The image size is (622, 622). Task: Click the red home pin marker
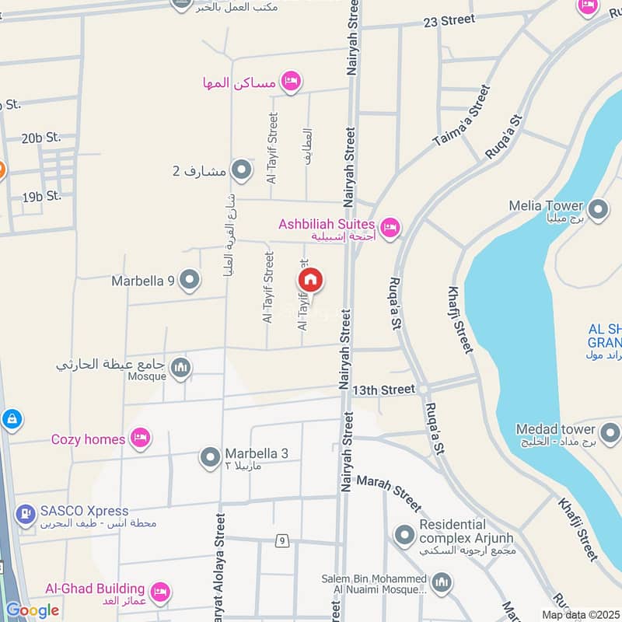click(x=310, y=280)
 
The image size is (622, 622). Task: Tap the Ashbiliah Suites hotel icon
click(x=390, y=227)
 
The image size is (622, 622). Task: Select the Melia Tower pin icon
click(x=598, y=208)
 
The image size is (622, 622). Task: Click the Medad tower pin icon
click(x=610, y=432)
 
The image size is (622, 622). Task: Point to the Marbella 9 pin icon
click(x=189, y=280)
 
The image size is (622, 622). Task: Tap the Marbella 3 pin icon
click(x=210, y=457)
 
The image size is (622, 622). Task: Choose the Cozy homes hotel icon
click(x=140, y=439)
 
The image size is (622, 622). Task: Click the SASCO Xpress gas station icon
click(x=26, y=513)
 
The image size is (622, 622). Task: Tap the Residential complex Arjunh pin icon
click(x=404, y=535)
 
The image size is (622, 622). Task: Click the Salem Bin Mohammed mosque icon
click(x=442, y=582)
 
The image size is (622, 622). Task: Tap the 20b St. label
click(x=41, y=138)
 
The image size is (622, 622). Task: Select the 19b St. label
click(x=42, y=197)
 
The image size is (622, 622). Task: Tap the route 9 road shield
click(x=281, y=540)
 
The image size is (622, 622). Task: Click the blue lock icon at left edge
click(x=12, y=420)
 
